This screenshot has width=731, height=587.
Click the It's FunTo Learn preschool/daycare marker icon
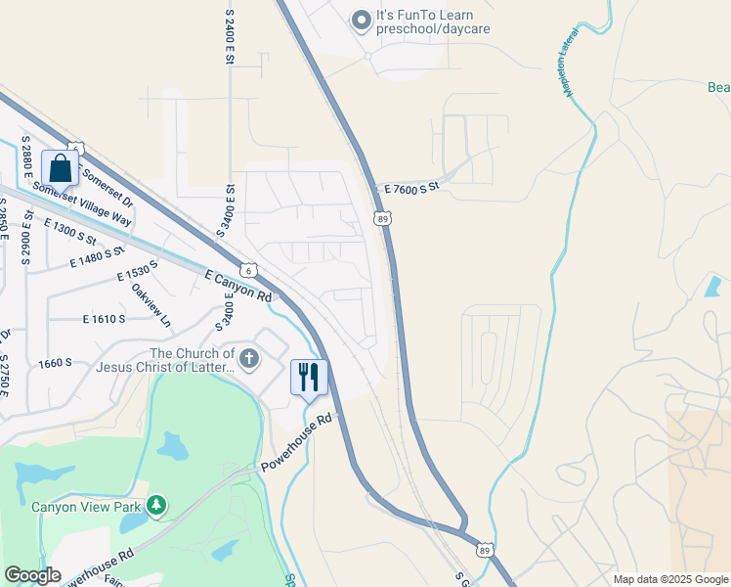(362, 20)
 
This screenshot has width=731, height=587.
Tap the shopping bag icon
(61, 168)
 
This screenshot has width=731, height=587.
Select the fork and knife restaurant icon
(309, 377)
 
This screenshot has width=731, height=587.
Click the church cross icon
(249, 359)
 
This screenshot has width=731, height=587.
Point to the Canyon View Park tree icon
(155, 505)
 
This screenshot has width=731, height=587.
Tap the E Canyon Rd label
(237, 287)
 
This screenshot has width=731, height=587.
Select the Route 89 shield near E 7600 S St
(382, 217)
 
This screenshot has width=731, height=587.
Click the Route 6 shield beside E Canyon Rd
(249, 269)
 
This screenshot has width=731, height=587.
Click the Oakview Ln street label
(151, 304)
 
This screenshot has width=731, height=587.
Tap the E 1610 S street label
(105, 319)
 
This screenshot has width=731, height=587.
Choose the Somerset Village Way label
(80, 204)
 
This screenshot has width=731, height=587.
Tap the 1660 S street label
(56, 363)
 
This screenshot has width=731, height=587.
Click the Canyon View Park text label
(85, 507)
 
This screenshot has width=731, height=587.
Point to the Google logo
(32, 575)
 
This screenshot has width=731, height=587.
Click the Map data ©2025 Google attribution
(670, 579)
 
